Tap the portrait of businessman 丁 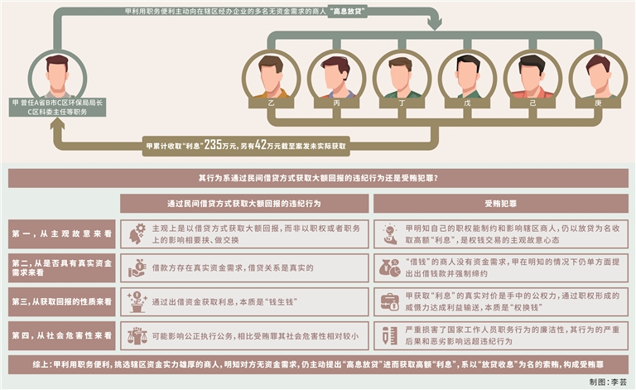[x=400, y=74]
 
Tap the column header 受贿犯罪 [x=499, y=203]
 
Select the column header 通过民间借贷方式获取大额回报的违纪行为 [x=244, y=203]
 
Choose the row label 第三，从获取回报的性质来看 [x=60, y=302]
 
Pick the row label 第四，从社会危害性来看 [x=60, y=336]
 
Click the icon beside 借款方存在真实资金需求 [x=137, y=268]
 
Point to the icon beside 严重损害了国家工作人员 [x=389, y=336]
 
